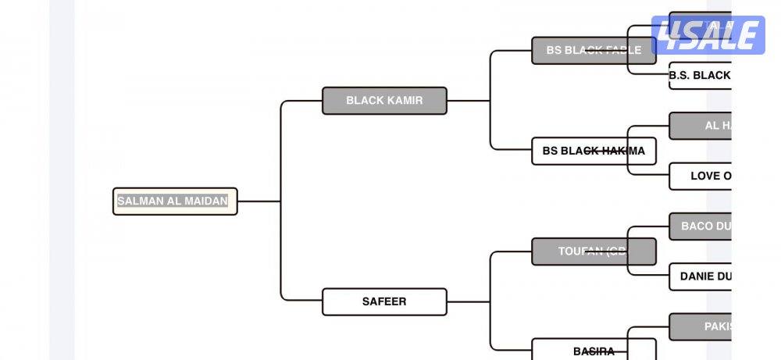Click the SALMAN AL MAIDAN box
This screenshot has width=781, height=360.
pyautogui.click(x=175, y=201)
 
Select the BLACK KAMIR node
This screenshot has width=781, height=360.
pyautogui.click(x=384, y=101)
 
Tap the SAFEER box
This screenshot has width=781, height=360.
pyautogui.click(x=384, y=301)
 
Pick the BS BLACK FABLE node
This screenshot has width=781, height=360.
pyautogui.click(x=594, y=51)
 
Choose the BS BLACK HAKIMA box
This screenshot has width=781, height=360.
pyautogui.click(x=594, y=151)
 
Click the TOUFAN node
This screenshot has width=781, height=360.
pyautogui.click(x=594, y=251)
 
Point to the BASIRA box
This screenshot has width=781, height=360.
pyautogui.click(x=594, y=351)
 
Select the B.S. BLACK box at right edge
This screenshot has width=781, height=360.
pyautogui.click(x=699, y=76)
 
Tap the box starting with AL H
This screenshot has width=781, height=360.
pyautogui.click(x=700, y=126)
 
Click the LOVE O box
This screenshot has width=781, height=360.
pyautogui.click(x=700, y=176)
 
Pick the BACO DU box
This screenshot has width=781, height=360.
pyautogui.click(x=700, y=226)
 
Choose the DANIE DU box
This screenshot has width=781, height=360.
pyautogui.click(x=700, y=276)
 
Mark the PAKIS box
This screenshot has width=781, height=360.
pyautogui.click(x=700, y=326)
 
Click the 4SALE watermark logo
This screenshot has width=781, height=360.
pyautogui.click(x=708, y=35)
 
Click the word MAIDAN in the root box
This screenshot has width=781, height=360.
pyautogui.click(x=206, y=201)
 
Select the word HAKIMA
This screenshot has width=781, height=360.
pyautogui.click(x=623, y=151)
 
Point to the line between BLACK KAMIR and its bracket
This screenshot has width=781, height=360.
pyautogui.click(x=469, y=101)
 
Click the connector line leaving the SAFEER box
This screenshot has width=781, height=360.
pyautogui.click(x=469, y=301)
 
